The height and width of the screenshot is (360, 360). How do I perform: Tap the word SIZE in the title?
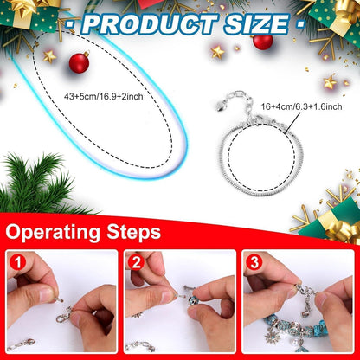coord(257,24)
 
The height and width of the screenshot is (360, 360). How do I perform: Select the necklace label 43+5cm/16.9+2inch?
coord(103,96)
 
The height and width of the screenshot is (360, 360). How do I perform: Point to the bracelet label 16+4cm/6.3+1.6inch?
coord(301,106)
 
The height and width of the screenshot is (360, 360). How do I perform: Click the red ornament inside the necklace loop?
coord(80,62)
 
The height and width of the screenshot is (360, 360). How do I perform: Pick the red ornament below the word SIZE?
coord(262,42)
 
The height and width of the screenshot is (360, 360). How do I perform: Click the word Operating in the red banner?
coord(54,232)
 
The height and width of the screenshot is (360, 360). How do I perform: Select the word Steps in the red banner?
coord(133,232)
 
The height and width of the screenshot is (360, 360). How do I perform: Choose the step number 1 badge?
coord(18,263)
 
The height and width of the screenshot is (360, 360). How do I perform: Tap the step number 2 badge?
coord(136,263)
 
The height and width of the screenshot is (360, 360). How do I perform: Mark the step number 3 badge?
coord(254,263)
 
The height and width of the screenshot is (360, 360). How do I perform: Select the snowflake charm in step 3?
coord(272,336)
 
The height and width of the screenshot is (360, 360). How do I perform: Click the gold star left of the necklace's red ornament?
coord(49,56)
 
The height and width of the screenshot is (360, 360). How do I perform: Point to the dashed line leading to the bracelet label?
coord(292,123)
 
